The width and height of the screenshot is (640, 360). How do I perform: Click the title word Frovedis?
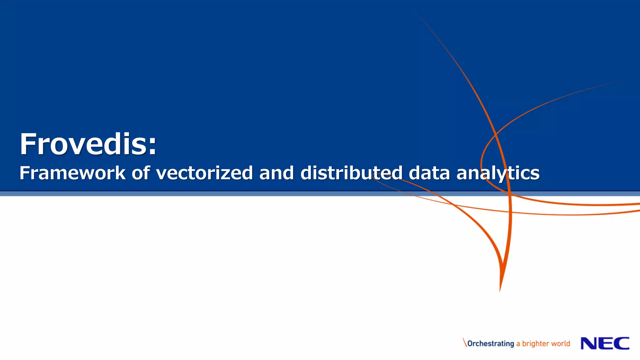coord(83,144)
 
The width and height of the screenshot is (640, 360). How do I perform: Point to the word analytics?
coord(498,173)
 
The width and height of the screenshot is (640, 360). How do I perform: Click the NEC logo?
coord(605,343)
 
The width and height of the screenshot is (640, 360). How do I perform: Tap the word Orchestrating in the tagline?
coord(491,343)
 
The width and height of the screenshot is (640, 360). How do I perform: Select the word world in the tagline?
coord(561,343)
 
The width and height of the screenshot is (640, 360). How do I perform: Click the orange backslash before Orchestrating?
coord(465,342)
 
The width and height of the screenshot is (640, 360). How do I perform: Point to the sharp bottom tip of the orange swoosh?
coord(500,290)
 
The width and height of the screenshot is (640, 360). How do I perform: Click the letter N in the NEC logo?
coord(589,343)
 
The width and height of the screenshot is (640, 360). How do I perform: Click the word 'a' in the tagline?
coord(518,344)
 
